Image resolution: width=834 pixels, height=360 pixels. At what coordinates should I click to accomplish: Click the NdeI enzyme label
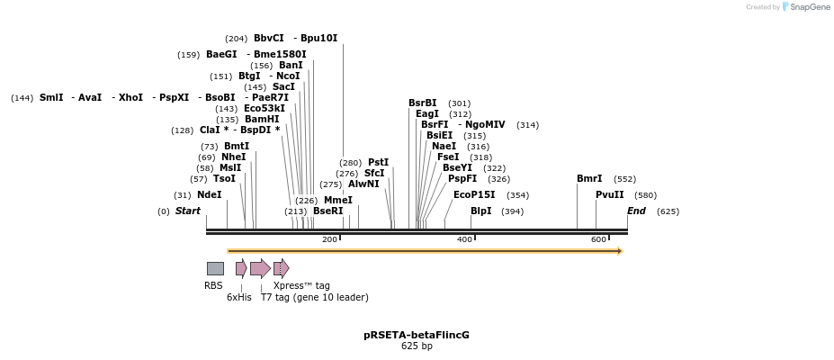tap(209, 194)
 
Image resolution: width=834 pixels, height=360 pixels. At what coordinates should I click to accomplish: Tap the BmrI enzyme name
tap(589, 178)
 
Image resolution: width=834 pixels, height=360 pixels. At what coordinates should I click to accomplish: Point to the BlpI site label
tap(481, 211)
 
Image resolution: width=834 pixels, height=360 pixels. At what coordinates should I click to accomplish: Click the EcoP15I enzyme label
tap(474, 194)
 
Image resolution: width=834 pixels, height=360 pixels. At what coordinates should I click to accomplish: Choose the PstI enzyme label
tap(378, 162)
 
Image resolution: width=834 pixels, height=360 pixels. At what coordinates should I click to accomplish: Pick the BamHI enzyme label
tap(262, 119)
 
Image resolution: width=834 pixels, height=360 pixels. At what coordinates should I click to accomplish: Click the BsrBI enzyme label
tap(423, 103)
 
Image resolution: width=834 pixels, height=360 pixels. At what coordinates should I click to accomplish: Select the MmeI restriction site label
tap(338, 200)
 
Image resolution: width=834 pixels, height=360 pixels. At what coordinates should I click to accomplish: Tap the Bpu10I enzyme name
tap(318, 38)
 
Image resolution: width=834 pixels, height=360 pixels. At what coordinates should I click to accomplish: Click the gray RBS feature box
tap(215, 268)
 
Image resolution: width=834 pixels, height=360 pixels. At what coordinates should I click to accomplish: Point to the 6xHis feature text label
tap(239, 297)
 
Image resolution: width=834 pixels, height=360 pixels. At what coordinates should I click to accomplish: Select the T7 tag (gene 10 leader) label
tap(314, 297)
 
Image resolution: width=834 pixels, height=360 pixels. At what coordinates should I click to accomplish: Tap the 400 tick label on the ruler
tap(464, 238)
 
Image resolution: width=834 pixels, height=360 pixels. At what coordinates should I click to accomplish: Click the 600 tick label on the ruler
tap(598, 238)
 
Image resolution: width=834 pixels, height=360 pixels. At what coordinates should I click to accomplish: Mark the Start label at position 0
tap(188, 211)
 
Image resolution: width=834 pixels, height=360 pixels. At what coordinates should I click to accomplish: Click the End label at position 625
tap(636, 211)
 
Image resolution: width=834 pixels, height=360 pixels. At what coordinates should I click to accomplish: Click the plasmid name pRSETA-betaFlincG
tap(417, 335)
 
